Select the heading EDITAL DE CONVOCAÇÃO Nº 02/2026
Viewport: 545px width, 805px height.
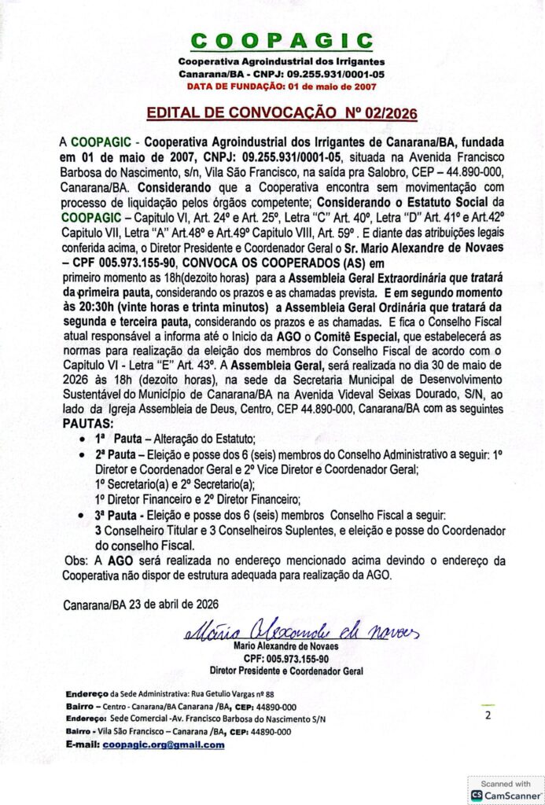click(x=282, y=113)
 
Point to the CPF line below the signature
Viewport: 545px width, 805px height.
click(x=285, y=658)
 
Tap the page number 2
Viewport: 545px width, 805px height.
click(x=488, y=715)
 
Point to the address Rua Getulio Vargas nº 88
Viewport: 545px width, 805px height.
click(x=232, y=694)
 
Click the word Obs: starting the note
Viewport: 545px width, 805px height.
click(x=75, y=560)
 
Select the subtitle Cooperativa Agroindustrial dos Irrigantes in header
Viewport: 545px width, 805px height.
click(x=281, y=61)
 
